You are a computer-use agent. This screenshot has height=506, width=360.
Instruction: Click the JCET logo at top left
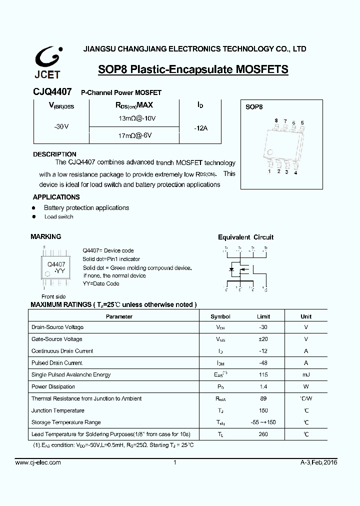click(47, 63)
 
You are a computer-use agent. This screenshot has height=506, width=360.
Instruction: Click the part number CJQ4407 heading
click(52, 92)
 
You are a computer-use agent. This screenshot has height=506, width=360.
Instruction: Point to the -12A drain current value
click(200, 128)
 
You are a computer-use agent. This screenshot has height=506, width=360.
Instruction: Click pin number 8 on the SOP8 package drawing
click(276, 121)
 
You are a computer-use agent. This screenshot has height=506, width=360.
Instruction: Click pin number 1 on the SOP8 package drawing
click(269, 171)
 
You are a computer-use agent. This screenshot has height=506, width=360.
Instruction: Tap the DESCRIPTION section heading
click(54, 154)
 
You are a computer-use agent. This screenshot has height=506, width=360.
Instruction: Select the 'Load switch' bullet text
click(58, 216)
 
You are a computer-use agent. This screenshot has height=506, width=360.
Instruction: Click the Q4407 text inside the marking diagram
click(56, 264)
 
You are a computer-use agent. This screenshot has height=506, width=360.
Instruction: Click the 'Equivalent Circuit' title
click(245, 237)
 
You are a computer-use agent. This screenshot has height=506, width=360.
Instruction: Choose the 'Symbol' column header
click(220, 316)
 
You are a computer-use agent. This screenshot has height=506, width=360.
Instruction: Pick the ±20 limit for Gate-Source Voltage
click(263, 339)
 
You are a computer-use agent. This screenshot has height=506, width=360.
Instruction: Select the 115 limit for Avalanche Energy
click(263, 374)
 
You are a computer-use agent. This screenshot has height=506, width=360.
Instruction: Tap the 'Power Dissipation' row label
click(53, 386)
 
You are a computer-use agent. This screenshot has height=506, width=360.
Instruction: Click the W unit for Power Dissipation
click(306, 386)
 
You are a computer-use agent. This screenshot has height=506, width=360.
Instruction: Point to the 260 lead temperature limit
click(263, 434)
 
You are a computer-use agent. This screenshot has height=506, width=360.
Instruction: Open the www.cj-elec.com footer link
click(38, 462)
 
